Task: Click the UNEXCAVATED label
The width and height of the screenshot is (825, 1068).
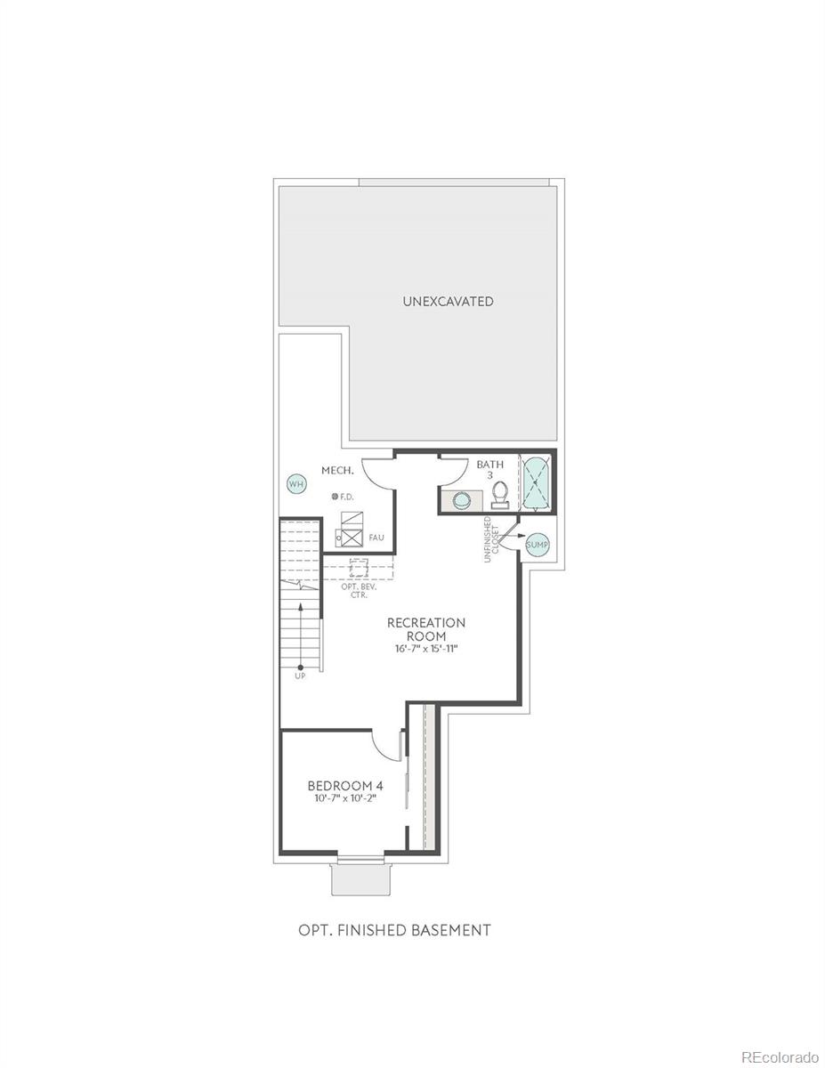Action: coord(449,302)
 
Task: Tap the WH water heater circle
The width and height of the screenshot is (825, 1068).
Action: coord(295,484)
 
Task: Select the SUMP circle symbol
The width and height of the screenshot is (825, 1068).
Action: coord(536,545)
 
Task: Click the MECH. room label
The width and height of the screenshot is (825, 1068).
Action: coord(337,470)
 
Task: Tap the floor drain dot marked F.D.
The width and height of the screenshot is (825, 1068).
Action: coord(335,497)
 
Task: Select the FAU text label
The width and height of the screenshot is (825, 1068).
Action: coord(376,538)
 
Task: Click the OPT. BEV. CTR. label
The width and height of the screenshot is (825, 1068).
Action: coord(360,591)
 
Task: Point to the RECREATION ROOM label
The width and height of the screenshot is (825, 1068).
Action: coord(426,629)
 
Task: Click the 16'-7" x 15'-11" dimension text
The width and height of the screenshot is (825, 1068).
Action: coord(426,649)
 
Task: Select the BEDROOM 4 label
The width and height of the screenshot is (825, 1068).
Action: coord(345,798)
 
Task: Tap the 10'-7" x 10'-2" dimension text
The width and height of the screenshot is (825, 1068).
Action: coord(345,813)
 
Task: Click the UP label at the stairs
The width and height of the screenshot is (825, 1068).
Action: coord(300,676)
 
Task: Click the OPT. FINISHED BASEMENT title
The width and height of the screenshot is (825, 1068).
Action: coord(394,930)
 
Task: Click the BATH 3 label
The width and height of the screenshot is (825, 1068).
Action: coord(489,470)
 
